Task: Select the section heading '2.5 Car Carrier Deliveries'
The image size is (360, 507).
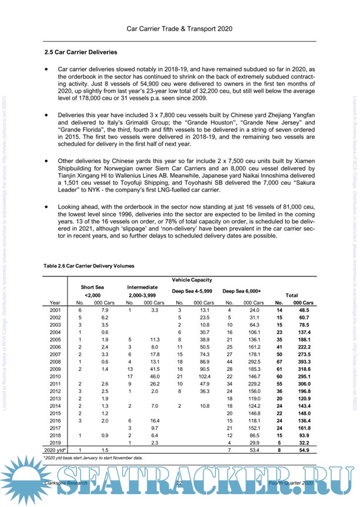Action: tap(81, 52)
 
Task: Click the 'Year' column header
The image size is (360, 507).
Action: tap(56, 302)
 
